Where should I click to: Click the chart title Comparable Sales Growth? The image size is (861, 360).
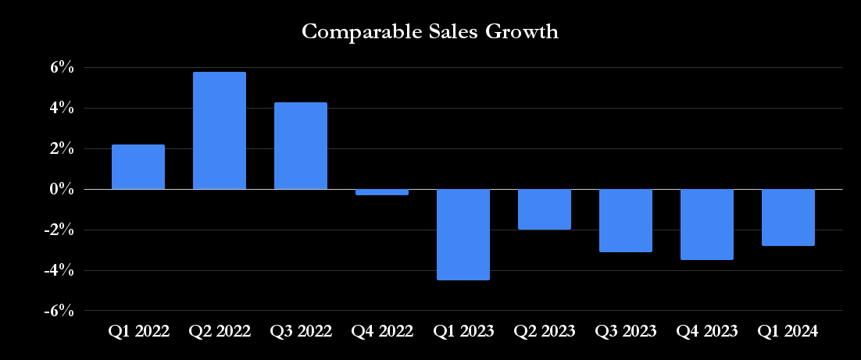[x=430, y=32]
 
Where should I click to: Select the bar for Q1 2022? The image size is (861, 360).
[x=138, y=167]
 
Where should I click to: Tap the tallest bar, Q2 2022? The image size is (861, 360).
[x=220, y=130]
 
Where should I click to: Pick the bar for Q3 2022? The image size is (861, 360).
[x=301, y=146]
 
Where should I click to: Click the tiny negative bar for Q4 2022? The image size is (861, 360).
[x=382, y=192]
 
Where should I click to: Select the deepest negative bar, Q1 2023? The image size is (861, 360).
[x=463, y=234]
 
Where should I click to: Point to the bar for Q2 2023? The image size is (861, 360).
[x=545, y=209]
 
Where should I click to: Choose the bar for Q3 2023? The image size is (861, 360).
[x=626, y=220]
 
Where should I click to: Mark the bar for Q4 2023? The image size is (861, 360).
[x=707, y=224]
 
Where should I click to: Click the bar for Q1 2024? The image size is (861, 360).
[x=788, y=218]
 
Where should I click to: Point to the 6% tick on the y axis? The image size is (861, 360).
[x=63, y=68]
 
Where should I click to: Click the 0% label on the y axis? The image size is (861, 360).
[x=63, y=190]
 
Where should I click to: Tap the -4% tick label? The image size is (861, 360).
[x=60, y=271]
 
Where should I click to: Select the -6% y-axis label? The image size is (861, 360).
[x=60, y=312]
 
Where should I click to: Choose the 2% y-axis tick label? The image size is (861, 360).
[x=63, y=149]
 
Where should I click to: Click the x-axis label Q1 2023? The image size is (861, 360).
[x=463, y=331]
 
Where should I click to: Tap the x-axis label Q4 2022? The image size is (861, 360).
[x=382, y=331]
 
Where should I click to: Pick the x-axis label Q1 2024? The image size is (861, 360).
[x=788, y=331]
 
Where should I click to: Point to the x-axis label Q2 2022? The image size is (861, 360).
[x=220, y=331]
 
